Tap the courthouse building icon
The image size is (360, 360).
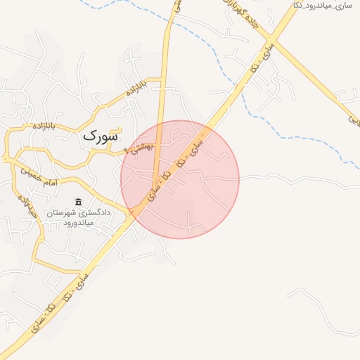[x=77, y=202]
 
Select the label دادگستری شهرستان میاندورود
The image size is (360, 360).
[x=77, y=217]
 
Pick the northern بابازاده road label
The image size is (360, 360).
[x=136, y=88]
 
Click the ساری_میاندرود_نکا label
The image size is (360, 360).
[x=324, y=6]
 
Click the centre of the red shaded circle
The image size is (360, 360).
[x=180, y=179]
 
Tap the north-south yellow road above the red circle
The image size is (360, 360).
[x=165, y=77]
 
